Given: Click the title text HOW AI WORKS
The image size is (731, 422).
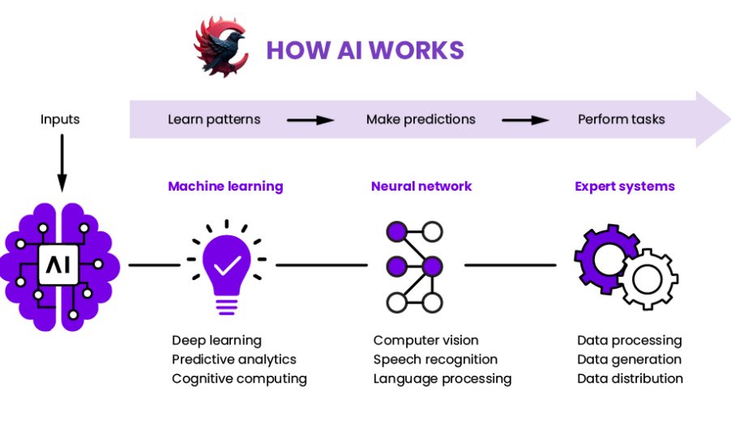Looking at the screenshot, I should pyautogui.click(x=365, y=50).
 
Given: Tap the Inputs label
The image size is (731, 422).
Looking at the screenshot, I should pyautogui.click(x=60, y=119).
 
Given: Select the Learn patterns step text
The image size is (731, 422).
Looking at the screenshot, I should pyautogui.click(x=214, y=119).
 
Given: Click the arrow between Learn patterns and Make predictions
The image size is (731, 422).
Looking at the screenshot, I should pyautogui.click(x=310, y=120).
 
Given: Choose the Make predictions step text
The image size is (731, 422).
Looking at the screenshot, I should pyautogui.click(x=421, y=119).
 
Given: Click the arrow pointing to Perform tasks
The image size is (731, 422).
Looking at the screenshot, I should pyautogui.click(x=525, y=120).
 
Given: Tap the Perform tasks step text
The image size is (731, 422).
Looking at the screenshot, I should pyautogui.click(x=621, y=119).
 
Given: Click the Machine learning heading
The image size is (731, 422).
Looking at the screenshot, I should pyautogui.click(x=225, y=186).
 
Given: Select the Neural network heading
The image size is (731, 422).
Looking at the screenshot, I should pyautogui.click(x=421, y=186).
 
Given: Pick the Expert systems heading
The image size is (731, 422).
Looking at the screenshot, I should pyautogui.click(x=625, y=186).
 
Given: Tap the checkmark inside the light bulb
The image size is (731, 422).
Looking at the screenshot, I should pyautogui.click(x=226, y=265).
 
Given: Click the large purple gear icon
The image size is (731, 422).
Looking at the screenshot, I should pyautogui.click(x=603, y=256).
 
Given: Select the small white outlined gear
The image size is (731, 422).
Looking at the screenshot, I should pyautogui.click(x=648, y=280).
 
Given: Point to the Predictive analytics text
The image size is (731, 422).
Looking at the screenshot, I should pyautogui.click(x=234, y=360).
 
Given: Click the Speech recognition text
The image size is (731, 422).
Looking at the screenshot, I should pyautogui.click(x=435, y=360).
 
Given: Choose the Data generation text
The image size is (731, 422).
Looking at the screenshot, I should pyautogui.click(x=629, y=360).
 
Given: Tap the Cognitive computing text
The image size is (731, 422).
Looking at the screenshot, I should pyautogui.click(x=239, y=379).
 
